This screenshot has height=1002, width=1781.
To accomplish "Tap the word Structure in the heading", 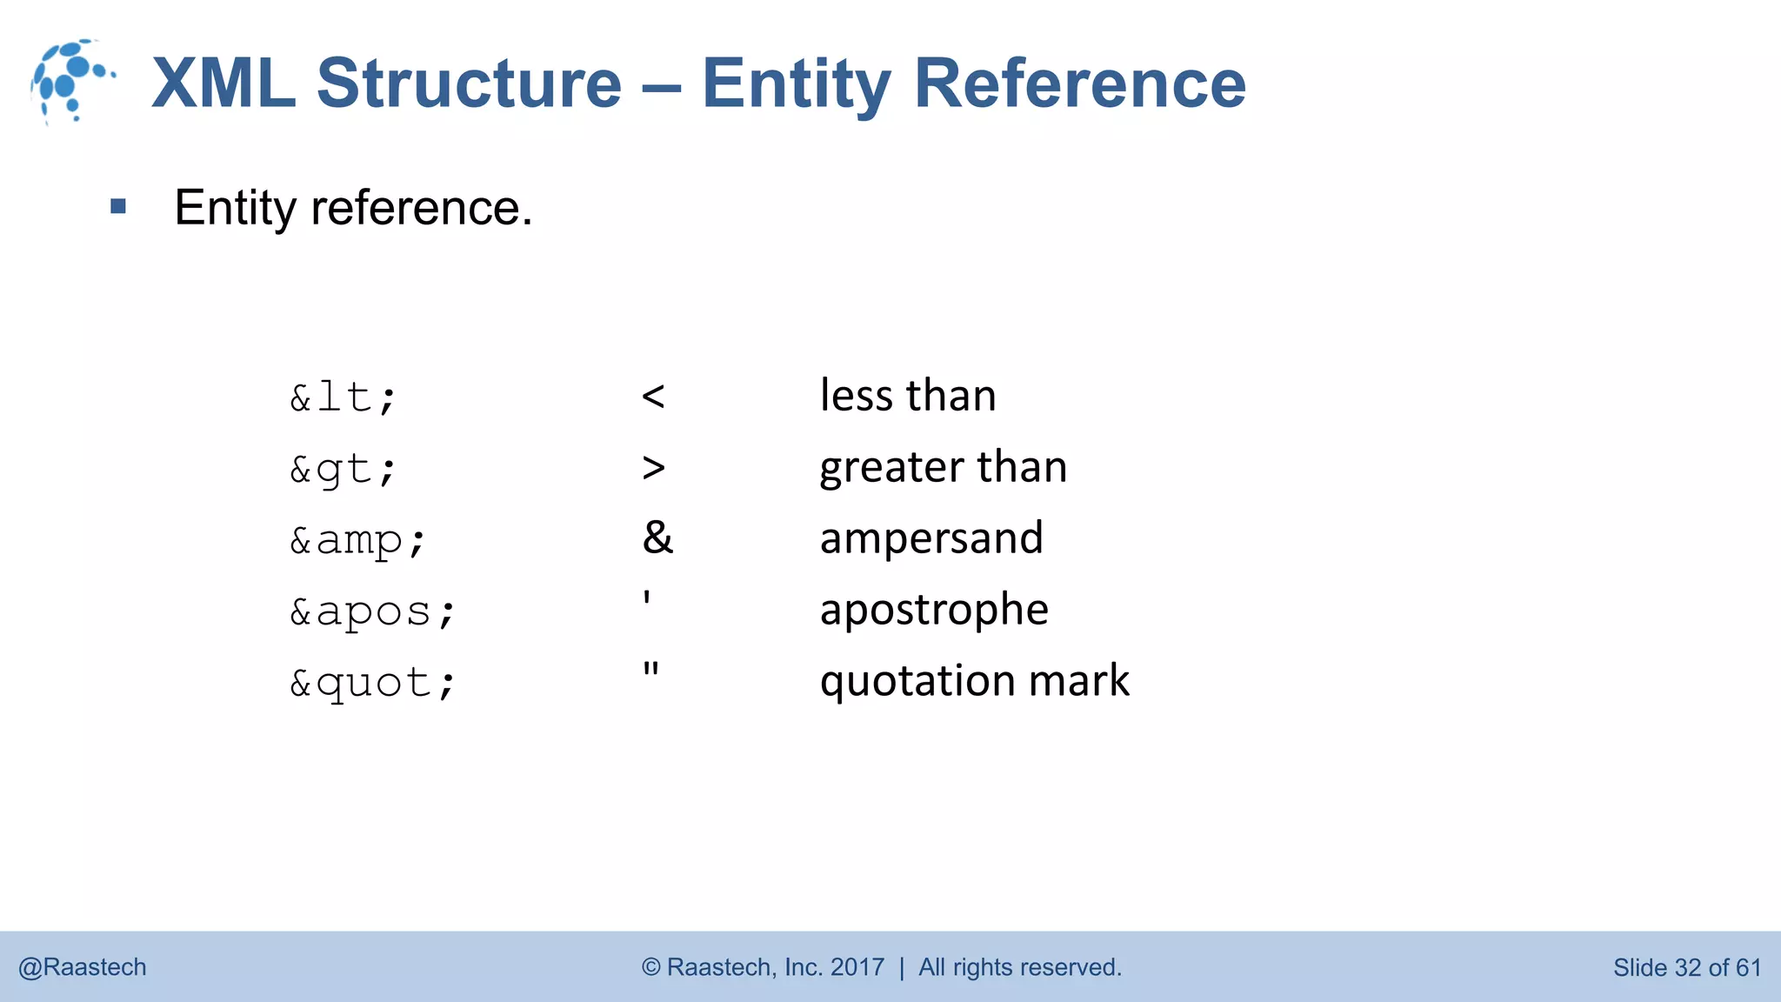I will point(469,83).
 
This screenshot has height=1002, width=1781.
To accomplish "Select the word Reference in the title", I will point(1079,83).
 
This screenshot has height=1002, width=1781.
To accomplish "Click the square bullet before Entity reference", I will point(118,207).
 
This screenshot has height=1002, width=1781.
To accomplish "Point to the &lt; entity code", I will point(344,397).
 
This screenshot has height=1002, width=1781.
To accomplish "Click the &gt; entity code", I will point(344,470).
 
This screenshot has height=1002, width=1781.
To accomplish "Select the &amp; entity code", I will point(357,540).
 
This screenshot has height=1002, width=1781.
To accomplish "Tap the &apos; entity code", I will point(372,611).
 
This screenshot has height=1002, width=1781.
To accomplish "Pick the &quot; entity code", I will point(372,683).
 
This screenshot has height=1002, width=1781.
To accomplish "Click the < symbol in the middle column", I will point(653,397).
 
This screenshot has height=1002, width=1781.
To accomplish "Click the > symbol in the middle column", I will point(653,469).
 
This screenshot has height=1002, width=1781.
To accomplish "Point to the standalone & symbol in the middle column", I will point(657,538).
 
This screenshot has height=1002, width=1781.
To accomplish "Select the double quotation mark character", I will point(650,670).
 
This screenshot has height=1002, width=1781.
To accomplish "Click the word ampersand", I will point(931,538).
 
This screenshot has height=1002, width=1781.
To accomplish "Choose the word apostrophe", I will point(934,610).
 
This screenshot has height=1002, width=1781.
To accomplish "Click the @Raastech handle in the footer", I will point(83,967).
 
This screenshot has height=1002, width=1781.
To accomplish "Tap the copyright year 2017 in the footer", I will point(857,967).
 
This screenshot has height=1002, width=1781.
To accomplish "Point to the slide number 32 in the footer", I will point(1687,967).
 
